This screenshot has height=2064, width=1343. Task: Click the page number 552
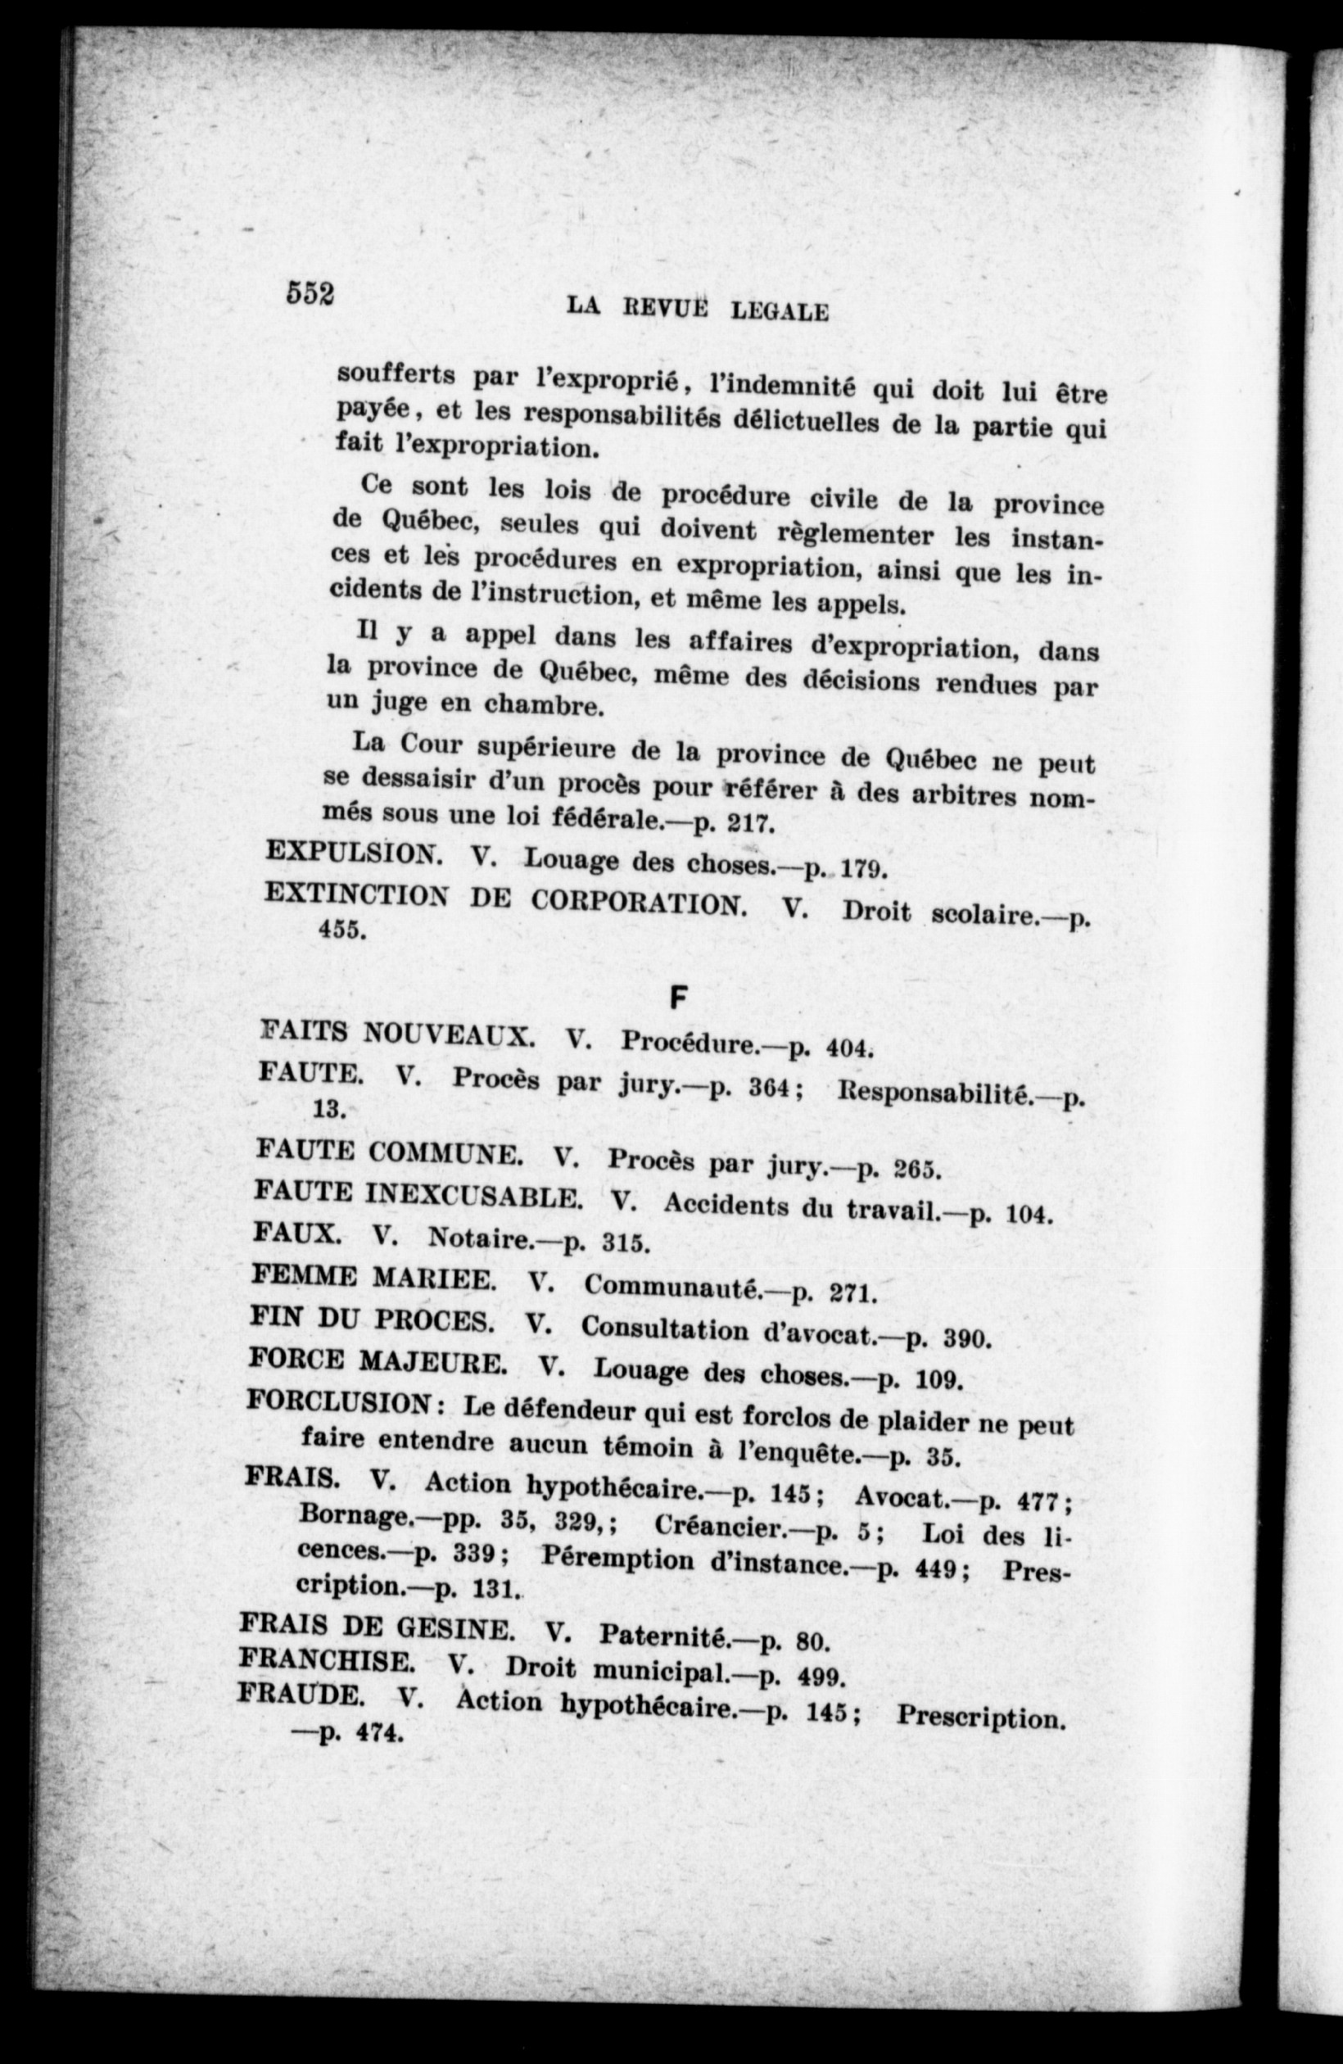(310, 294)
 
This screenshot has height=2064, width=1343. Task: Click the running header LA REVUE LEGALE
(696, 308)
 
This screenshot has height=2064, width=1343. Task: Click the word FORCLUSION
(341, 1401)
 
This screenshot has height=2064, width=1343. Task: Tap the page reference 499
(820, 1676)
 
